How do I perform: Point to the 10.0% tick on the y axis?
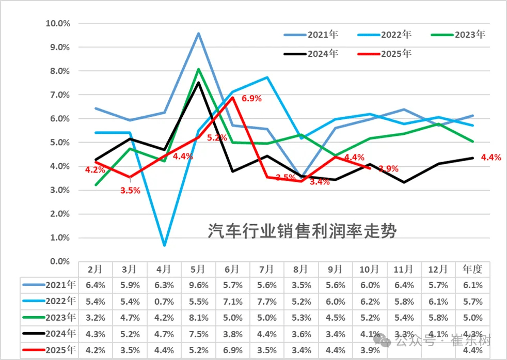pos(57,23)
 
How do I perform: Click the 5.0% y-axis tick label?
pos(59,143)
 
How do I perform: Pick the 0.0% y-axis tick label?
pos(59,262)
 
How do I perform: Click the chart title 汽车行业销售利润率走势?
pos(302,231)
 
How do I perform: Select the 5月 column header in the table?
pos(198,269)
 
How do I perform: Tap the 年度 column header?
pos(472,269)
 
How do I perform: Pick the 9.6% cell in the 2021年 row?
pos(198,285)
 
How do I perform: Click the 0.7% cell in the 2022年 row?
pos(164,301)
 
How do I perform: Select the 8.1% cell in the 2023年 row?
pos(198,318)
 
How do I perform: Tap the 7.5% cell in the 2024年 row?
pos(198,334)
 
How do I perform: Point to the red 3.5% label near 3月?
pos(130,190)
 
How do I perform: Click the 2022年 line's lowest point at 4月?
pos(164,245)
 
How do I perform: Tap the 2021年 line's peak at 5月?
pos(198,34)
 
